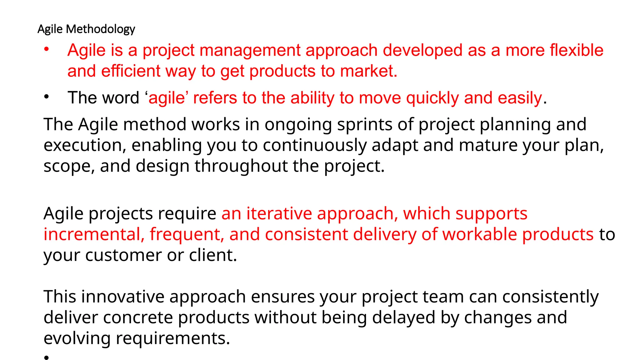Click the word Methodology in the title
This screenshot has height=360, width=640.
click(101, 29)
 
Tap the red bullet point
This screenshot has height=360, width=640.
click(47, 49)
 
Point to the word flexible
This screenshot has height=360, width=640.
click(576, 50)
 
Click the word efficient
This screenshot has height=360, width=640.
click(131, 71)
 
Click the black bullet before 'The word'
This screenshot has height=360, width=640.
click(47, 97)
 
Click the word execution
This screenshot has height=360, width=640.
click(84, 145)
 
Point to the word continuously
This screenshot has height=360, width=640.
click(314, 145)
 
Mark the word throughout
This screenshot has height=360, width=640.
click(241, 166)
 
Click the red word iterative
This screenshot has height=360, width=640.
click(279, 214)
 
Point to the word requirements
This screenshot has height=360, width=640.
click(172, 338)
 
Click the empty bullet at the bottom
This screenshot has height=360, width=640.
click(47, 357)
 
